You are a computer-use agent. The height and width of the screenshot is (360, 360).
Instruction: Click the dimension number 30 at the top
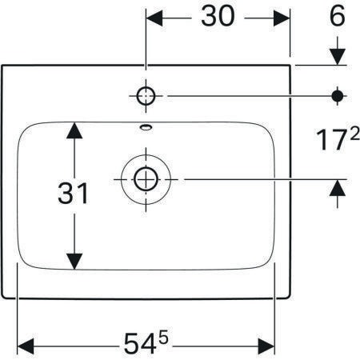tap(218, 16)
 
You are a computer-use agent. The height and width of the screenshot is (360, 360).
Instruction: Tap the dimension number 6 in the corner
tap(338, 16)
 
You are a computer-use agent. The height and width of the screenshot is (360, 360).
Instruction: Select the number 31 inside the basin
tap(73, 193)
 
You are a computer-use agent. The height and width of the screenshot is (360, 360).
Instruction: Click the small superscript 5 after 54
tap(164, 338)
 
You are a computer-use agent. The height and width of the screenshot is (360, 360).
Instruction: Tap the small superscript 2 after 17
tap(354, 135)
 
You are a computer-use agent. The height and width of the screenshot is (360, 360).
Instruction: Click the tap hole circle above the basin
tap(146, 96)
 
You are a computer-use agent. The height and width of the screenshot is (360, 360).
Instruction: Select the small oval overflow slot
tap(146, 127)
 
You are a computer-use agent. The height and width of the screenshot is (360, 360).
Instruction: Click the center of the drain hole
tap(146, 179)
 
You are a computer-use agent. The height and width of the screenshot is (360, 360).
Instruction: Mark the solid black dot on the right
tap(338, 96)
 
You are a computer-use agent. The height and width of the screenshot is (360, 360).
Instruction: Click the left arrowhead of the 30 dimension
tap(154, 18)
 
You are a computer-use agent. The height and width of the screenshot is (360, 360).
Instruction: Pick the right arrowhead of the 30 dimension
tap(282, 18)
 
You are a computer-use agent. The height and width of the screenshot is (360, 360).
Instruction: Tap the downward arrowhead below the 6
tap(338, 57)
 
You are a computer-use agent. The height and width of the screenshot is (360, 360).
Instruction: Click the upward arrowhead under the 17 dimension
tap(338, 188)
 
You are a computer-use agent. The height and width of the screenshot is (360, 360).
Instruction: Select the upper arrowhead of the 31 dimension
tap(74, 130)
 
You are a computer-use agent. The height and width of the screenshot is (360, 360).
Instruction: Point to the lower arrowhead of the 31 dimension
tap(74, 262)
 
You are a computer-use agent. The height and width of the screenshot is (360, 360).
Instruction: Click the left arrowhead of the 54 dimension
tap(26, 346)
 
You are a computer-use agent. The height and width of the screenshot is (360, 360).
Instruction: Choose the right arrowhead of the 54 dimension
tap(266, 346)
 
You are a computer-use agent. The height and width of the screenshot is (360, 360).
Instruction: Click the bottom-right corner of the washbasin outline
tap(290, 298)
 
